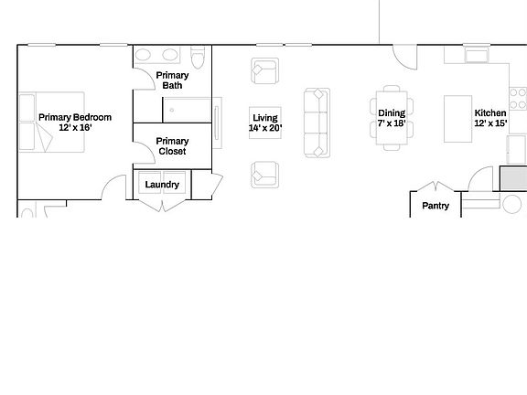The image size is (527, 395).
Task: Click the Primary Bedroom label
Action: click(x=75, y=117)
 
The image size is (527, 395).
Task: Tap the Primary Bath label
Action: click(x=172, y=80)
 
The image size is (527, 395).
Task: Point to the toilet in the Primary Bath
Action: click(x=203, y=55)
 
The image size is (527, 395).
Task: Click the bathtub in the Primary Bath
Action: click(x=189, y=111)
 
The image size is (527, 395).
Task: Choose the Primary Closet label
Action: click(x=172, y=145)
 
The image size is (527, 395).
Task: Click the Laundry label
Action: click(x=163, y=185)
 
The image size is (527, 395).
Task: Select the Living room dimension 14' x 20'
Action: click(x=265, y=128)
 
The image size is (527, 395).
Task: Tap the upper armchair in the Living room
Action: click(x=264, y=70)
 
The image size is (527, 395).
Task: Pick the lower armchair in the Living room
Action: click(x=264, y=172)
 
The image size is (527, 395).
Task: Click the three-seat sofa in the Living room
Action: click(x=317, y=122)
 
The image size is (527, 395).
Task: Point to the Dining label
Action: click(x=392, y=113)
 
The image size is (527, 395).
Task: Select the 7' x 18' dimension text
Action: click(x=392, y=123)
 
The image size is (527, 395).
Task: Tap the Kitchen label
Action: click(x=489, y=113)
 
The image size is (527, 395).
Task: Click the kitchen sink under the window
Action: click(x=477, y=57)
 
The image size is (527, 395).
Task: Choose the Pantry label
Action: click(x=436, y=206)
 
